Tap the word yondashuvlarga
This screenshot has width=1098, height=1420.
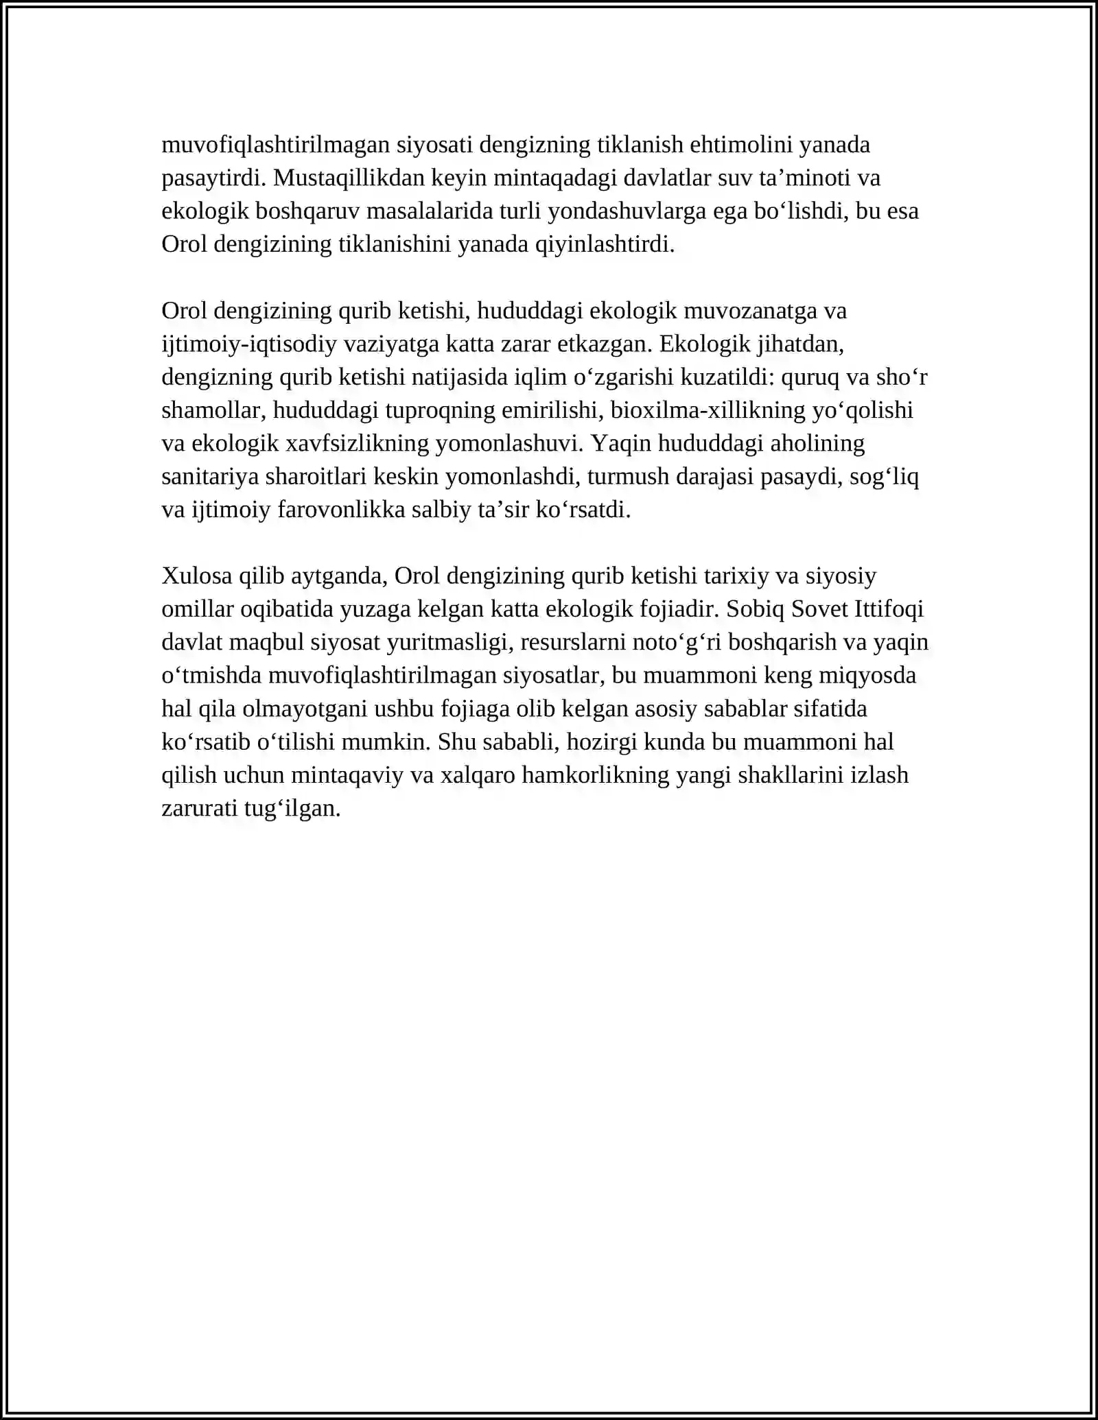[629, 211]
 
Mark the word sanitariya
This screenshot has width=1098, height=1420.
[209, 477]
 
